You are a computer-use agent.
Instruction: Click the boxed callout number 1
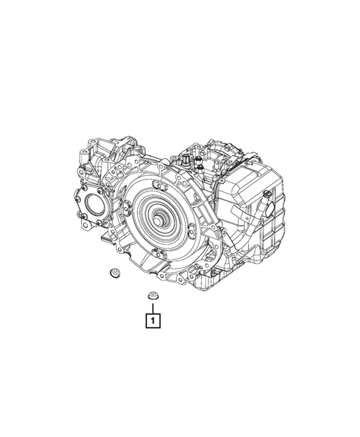(152, 321)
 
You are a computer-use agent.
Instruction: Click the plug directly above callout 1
(152, 295)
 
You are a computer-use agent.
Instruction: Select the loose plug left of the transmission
(114, 272)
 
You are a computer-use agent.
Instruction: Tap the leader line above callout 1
(152, 307)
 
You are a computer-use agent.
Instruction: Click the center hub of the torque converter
(158, 221)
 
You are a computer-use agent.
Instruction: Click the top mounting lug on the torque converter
(158, 185)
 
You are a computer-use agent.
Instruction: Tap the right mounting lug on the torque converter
(192, 229)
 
